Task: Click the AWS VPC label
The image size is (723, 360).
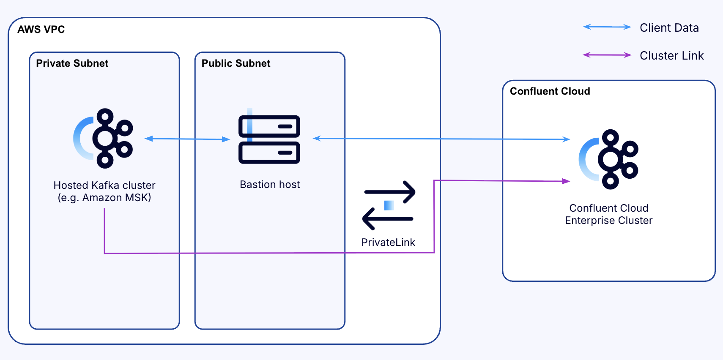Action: (x=41, y=30)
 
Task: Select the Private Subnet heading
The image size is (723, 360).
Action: (x=72, y=63)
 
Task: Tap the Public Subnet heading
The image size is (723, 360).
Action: (x=236, y=63)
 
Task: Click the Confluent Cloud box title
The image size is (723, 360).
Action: (x=550, y=91)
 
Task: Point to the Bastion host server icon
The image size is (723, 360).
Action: (x=269, y=139)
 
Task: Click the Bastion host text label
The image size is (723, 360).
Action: (x=270, y=185)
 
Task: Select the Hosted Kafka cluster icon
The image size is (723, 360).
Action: (x=104, y=139)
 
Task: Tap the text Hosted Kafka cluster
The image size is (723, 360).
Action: (x=104, y=185)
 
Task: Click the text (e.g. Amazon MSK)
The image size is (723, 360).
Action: (x=104, y=198)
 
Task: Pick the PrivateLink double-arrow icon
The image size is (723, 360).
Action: (x=389, y=205)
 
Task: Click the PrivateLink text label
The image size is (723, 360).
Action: (x=388, y=243)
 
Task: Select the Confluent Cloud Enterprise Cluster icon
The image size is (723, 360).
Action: (x=609, y=159)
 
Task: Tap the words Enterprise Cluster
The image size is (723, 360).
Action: (x=608, y=221)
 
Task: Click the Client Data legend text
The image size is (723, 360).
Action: (x=669, y=28)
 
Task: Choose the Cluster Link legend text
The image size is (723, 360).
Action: (x=671, y=56)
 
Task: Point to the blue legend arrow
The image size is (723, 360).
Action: (x=607, y=27)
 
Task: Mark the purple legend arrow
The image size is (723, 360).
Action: (x=607, y=55)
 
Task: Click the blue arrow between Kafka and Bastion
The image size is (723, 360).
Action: (x=187, y=139)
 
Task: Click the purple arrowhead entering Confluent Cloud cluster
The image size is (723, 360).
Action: (x=566, y=181)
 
